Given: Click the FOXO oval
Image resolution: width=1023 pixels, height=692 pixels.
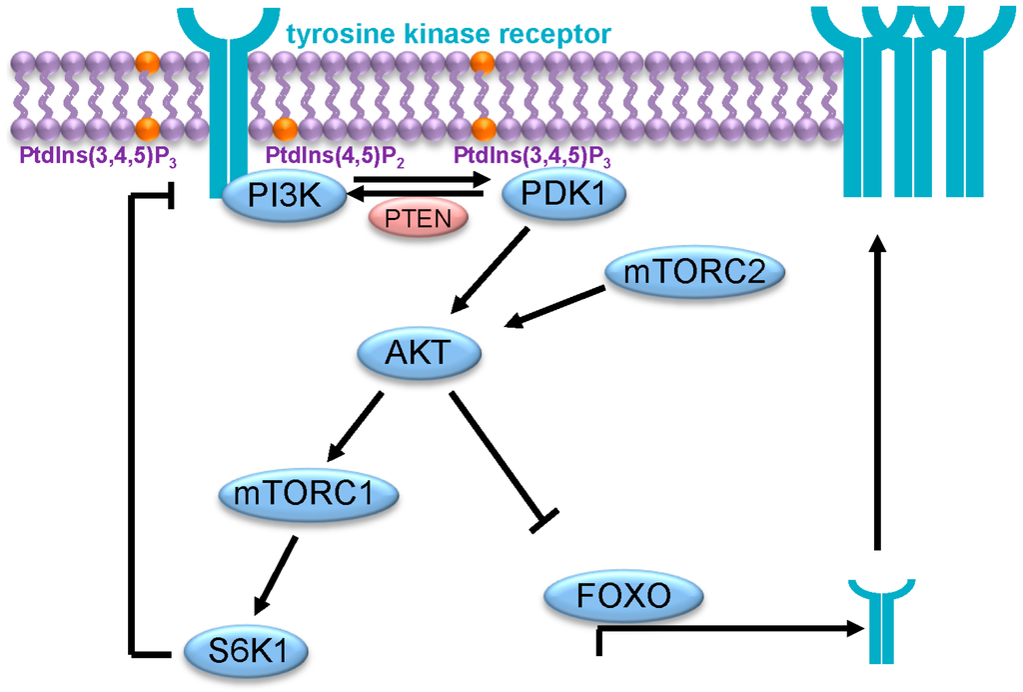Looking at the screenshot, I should pos(623,597).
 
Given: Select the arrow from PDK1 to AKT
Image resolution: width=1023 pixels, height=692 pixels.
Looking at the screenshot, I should pos(492,270).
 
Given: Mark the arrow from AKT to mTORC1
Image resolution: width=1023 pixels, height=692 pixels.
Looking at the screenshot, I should pos(356,424).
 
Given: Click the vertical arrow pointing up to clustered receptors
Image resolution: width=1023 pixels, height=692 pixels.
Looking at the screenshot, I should pos(876,390).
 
